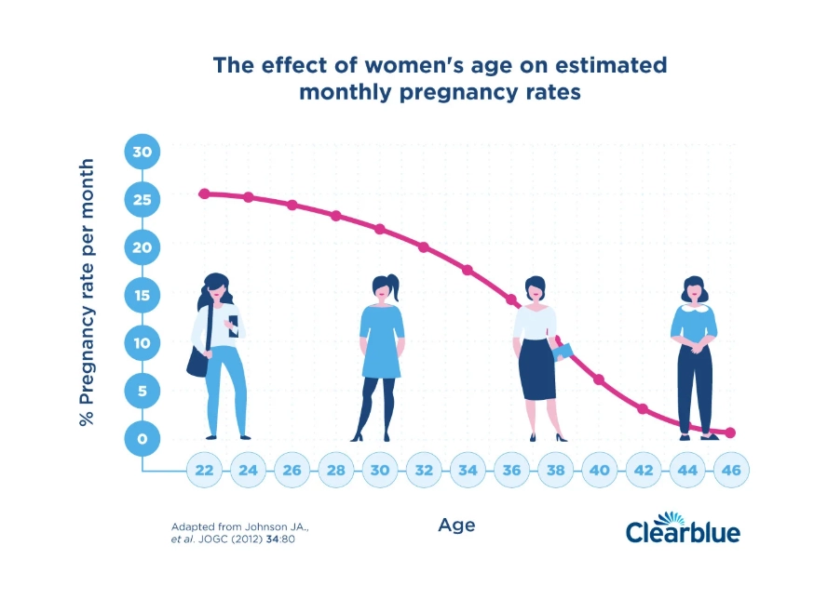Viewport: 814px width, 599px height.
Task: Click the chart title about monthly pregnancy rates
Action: click(x=440, y=79)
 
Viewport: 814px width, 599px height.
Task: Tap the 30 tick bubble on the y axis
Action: click(x=143, y=152)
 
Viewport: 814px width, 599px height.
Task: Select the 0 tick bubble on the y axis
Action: click(x=143, y=438)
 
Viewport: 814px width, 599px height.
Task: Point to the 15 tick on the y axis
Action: click(x=143, y=295)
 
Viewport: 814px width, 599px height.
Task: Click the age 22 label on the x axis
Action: click(x=204, y=470)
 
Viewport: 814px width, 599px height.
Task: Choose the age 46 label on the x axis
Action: click(x=731, y=470)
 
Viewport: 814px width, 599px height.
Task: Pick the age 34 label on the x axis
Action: click(x=468, y=470)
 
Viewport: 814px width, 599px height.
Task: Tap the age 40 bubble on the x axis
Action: click(x=599, y=470)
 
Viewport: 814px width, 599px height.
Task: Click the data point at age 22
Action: click(x=204, y=193)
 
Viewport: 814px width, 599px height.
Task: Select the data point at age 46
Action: click(x=730, y=433)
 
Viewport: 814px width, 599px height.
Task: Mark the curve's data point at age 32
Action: click(x=424, y=247)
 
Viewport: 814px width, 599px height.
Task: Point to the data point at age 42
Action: click(x=643, y=409)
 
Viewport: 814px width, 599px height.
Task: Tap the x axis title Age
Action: click(x=456, y=526)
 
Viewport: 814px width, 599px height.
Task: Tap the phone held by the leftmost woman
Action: click(x=233, y=322)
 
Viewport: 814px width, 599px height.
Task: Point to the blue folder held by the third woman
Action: click(x=563, y=353)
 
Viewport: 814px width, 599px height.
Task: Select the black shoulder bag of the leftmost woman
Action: click(x=197, y=360)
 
